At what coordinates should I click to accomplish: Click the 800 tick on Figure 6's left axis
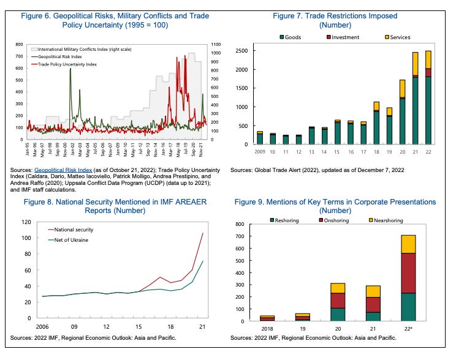[18, 44]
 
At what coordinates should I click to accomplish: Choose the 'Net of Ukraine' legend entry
[71, 239]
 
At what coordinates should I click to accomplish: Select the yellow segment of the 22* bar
[416, 244]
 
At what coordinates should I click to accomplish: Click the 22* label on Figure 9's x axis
[416, 329]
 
